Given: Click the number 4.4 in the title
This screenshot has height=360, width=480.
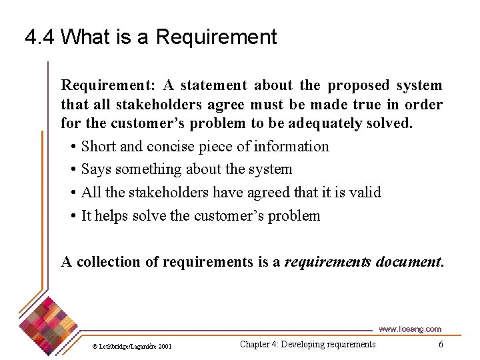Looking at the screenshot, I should tap(39, 37).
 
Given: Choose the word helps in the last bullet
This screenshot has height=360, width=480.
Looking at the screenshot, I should tap(111, 216).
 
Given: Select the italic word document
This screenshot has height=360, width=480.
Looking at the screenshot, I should tap(409, 262).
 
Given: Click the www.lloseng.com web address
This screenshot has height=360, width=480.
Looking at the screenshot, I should tap(409, 329).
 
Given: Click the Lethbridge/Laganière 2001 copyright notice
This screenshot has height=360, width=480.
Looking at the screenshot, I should tap(131, 346).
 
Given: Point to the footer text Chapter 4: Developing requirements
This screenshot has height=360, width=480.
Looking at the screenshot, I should tap(307, 344).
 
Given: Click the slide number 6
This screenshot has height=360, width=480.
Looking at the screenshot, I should tap(441, 344).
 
